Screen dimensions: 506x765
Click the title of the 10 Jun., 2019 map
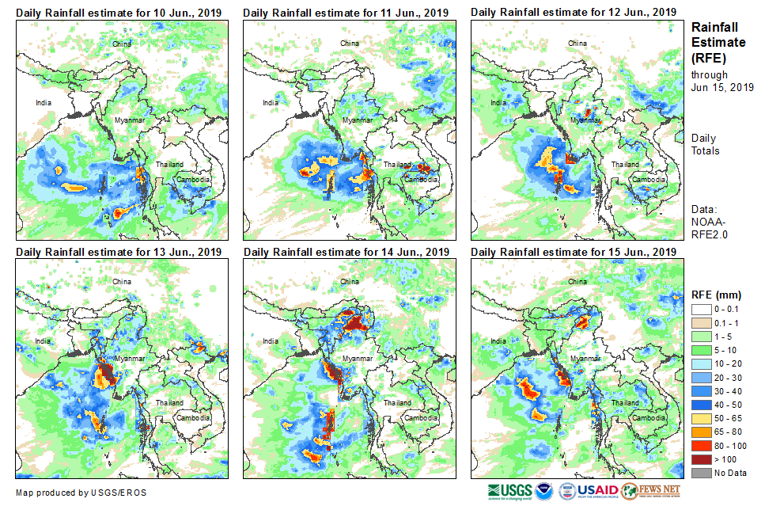click(x=118, y=13)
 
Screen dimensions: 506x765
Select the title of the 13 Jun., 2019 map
click(x=118, y=252)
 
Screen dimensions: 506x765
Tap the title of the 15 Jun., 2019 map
click(x=574, y=252)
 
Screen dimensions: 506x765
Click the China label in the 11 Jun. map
click(x=349, y=43)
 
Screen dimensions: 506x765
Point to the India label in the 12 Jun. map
click(x=498, y=102)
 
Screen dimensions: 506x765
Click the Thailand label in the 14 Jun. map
click(x=397, y=402)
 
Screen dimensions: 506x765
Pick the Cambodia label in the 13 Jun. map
click(x=191, y=417)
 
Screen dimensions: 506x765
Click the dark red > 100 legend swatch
click(x=702, y=458)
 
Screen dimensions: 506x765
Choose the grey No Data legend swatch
click(x=702, y=473)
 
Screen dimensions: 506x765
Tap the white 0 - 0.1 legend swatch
click(x=702, y=309)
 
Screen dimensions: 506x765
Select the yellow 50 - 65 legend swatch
click(x=702, y=418)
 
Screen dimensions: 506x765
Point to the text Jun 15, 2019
click(x=722, y=87)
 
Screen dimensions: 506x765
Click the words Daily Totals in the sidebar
click(x=705, y=144)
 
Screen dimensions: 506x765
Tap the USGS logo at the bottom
click(x=511, y=490)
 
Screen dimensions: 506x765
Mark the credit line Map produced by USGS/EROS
click(x=81, y=493)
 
